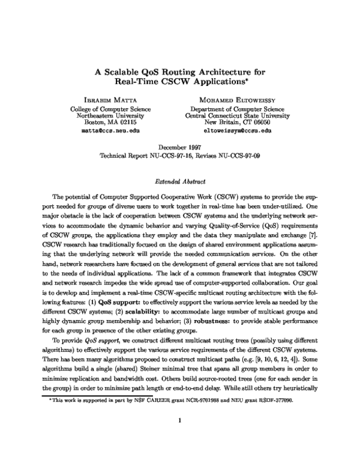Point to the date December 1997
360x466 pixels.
179,146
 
